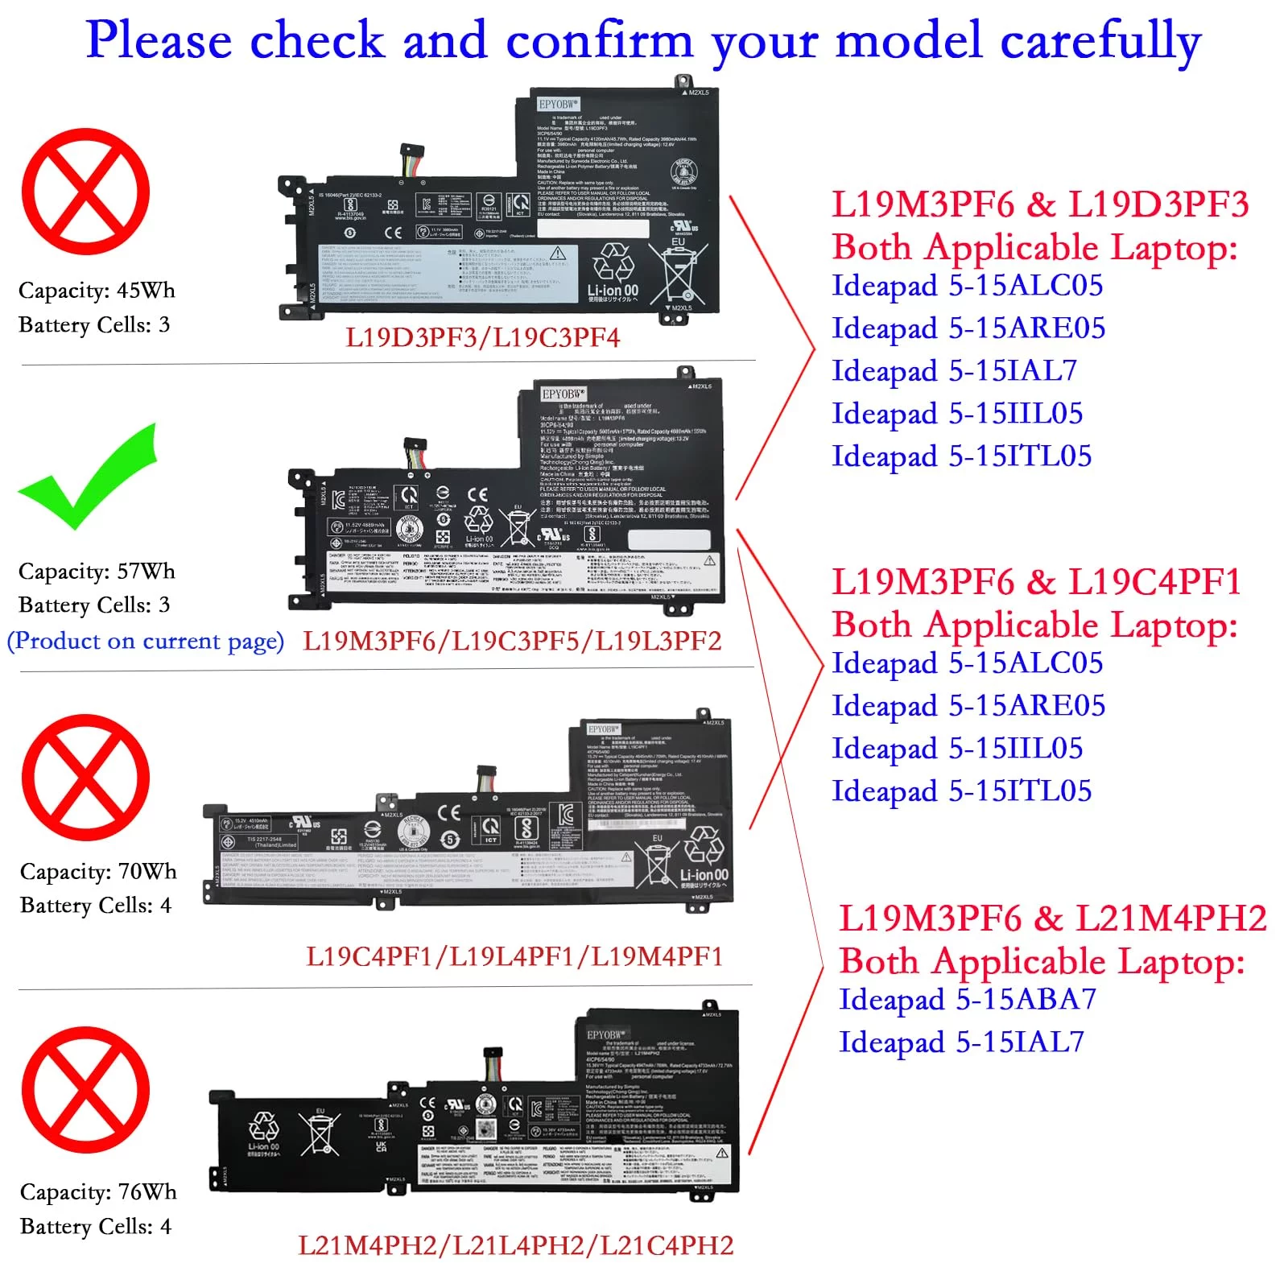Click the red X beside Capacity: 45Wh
point(85,192)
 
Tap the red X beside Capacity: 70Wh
point(85,778)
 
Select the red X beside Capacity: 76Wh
point(85,1090)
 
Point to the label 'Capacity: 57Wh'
point(97,571)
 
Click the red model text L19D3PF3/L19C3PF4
point(483,337)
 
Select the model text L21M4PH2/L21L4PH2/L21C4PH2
point(516,1245)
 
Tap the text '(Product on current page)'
point(146,641)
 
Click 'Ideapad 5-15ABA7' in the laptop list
point(968,999)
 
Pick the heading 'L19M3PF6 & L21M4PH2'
point(1053,919)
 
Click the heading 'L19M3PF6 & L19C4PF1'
point(1037,582)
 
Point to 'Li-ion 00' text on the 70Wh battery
point(704,875)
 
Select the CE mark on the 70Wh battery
point(448,813)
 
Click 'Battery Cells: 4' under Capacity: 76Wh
point(96,1226)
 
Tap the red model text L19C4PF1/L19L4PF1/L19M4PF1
point(514,956)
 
